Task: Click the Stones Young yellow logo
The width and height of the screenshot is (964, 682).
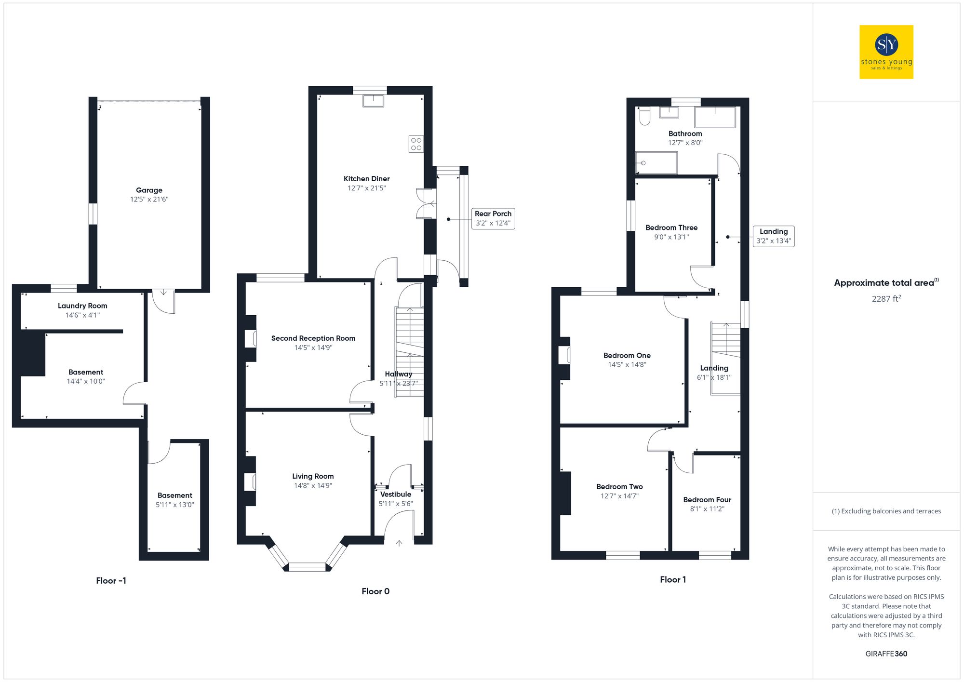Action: pos(886,52)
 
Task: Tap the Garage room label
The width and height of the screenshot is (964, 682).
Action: pos(149,190)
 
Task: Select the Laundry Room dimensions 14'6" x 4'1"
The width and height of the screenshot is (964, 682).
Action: pos(82,315)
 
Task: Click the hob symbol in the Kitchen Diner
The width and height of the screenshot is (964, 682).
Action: pos(416,144)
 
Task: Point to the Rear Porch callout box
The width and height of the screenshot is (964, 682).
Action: pos(493,218)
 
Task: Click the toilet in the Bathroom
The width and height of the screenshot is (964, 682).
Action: pos(644,116)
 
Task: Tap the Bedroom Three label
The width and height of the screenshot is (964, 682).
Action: pos(671,228)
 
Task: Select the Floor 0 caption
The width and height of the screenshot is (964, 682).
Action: pos(375,591)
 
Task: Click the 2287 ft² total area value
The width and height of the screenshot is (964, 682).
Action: pos(886,299)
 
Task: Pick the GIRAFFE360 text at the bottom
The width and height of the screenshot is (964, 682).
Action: pos(886,654)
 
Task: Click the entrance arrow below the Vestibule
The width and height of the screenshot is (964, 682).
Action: pos(399,543)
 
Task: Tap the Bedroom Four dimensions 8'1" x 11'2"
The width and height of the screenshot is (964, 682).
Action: pos(707,509)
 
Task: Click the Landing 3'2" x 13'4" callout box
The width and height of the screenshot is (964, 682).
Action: pos(773,236)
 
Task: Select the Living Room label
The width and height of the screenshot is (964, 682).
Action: pos(313,476)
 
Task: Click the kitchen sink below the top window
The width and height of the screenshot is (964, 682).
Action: pos(373,101)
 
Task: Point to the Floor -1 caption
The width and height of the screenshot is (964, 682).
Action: pos(111,581)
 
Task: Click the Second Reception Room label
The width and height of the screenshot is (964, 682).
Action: pos(313,338)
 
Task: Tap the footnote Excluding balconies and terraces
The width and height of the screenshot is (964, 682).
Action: pos(886,511)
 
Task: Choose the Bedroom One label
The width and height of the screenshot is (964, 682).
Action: pos(627,356)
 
